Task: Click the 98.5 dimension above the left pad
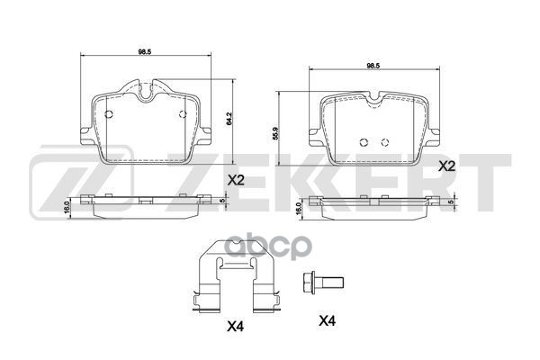tap(143, 51)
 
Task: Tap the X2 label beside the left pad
tap(237, 180)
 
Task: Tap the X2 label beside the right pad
tap(446, 166)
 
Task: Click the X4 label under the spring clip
tap(236, 326)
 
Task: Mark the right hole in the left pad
tap(183, 113)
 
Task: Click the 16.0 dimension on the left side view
tap(67, 206)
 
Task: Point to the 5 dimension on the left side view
tap(224, 201)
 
